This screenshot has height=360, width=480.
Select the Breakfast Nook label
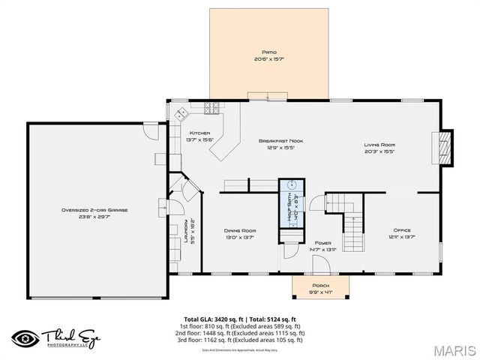click(x=280, y=140)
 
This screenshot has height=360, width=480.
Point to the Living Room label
click(x=380, y=145)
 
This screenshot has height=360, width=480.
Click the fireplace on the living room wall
click(x=445, y=147)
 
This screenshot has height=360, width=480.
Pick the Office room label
click(x=403, y=229)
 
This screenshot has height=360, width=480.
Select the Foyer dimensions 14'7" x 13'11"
click(x=323, y=250)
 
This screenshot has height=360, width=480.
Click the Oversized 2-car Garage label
click(x=94, y=210)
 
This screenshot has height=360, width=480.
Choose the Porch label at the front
click(x=320, y=285)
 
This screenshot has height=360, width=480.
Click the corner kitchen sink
click(x=181, y=115)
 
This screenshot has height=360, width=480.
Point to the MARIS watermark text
click(x=451, y=349)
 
